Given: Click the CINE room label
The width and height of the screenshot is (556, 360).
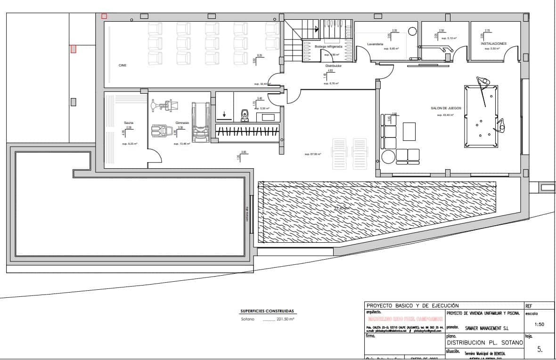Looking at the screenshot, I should [123, 65].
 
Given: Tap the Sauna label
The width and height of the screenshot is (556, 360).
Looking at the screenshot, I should [129, 123].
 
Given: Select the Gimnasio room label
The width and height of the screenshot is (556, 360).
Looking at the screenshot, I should [182, 123].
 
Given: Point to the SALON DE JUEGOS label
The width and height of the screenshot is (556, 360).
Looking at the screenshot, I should [446, 108].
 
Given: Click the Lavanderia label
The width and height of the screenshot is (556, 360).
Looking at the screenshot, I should [375, 44].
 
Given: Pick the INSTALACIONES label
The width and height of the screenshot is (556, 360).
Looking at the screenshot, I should [493, 43].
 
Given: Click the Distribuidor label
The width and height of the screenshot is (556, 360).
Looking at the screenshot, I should [333, 65].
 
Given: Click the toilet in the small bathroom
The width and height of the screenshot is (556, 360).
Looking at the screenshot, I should [245, 115].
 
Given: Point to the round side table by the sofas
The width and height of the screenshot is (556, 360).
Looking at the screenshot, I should [388, 156].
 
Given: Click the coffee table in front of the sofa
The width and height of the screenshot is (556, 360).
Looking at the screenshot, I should [409, 131].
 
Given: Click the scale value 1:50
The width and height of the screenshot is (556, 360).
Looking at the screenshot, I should [540, 324].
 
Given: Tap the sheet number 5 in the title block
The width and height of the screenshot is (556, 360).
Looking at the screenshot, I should [540, 350].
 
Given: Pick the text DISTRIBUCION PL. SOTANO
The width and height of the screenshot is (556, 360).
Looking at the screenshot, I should [484, 343].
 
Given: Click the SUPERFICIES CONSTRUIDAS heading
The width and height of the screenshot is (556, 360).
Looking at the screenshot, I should [267, 311].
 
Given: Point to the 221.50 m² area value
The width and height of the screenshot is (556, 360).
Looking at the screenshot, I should [285, 319].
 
